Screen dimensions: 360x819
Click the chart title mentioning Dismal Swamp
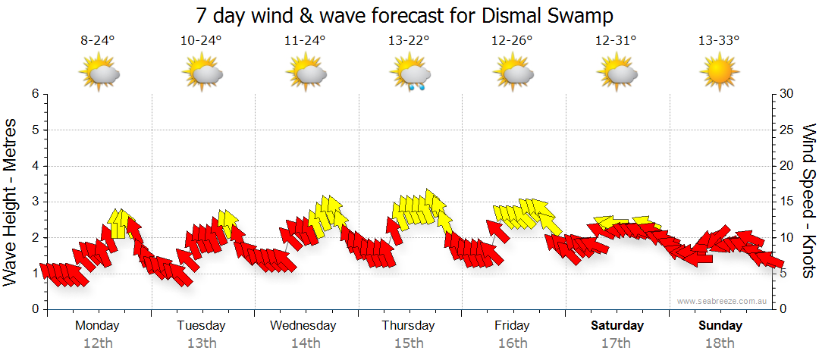point(405,15)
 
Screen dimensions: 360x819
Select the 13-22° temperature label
point(408,41)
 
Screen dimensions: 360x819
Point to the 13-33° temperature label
point(719,41)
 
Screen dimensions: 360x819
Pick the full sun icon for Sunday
point(719,74)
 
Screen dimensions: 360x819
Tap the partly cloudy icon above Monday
point(99,74)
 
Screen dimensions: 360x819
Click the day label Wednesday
point(303,326)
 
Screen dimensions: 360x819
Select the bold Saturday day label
point(617,326)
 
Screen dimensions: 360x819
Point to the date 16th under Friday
point(513,343)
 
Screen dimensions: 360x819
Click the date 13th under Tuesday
point(201,343)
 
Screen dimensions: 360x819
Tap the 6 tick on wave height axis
point(34,94)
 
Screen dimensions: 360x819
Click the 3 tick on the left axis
point(34,202)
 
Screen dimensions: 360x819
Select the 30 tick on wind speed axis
point(787,94)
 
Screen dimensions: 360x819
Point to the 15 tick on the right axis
point(787,202)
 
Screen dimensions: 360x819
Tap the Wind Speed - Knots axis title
point(808,201)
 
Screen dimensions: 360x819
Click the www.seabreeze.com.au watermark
point(723,301)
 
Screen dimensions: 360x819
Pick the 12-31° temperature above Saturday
point(616,41)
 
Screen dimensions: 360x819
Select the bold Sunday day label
point(720,326)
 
